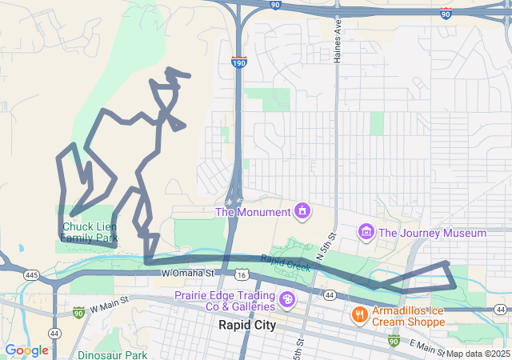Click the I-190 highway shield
point(239,62)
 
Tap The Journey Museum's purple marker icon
point(366,233)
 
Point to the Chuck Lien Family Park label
point(89,232)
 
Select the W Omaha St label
point(189,274)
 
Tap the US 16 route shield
point(242,274)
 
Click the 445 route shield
point(32,275)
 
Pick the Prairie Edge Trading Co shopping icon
point(286,302)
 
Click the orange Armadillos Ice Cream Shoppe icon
point(359,312)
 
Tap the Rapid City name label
point(247,326)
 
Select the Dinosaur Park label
point(113,354)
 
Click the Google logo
point(26,350)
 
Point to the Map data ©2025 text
point(478,354)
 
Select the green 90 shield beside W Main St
point(78,312)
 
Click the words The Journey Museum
point(432,233)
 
